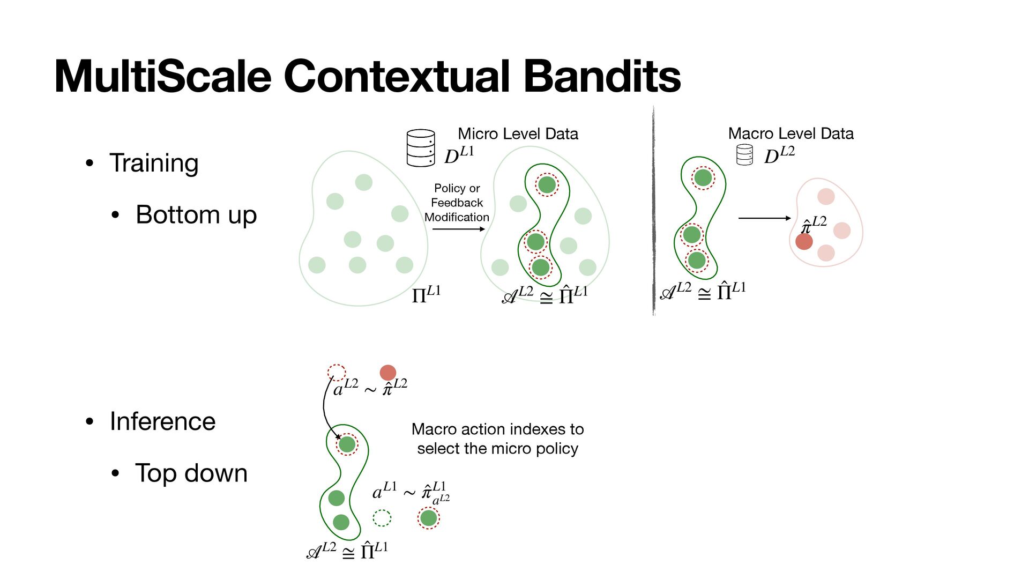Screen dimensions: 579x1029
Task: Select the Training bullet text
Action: [x=154, y=163]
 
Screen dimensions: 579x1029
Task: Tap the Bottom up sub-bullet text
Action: [x=196, y=214]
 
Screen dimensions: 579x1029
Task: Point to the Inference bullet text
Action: [x=162, y=421]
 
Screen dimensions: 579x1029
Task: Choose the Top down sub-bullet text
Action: [x=191, y=473]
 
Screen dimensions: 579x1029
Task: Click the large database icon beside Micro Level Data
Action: [x=421, y=148]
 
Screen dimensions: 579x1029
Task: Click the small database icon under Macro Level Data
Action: [x=744, y=155]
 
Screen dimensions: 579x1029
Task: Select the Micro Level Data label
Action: [x=518, y=133]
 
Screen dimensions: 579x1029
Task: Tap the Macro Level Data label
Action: [x=791, y=133]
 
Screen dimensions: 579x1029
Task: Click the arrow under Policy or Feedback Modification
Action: [x=458, y=229]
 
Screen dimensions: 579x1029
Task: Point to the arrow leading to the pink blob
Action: [x=764, y=218]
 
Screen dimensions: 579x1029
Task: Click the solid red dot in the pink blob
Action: [x=804, y=241]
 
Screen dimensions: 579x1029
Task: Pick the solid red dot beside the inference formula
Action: [x=387, y=373]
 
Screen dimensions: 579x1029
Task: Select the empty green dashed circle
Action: [x=382, y=518]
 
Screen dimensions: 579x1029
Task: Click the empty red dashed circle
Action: [x=337, y=372]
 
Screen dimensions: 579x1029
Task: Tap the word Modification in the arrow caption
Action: [x=457, y=217]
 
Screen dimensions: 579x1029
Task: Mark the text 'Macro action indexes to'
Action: [x=497, y=429]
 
